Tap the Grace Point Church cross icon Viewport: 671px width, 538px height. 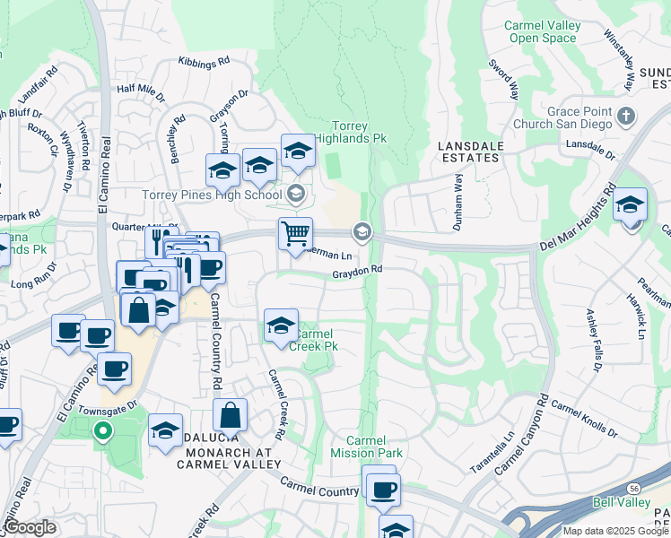626,116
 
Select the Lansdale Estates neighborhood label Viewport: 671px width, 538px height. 467,151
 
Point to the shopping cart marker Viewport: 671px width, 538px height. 295,235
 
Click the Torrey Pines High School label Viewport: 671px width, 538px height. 213,195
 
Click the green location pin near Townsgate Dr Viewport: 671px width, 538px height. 103,432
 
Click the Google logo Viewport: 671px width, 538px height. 30,527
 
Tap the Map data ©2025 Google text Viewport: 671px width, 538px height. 615,530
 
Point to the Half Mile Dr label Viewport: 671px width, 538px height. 142,90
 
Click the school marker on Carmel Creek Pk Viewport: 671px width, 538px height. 281,325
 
